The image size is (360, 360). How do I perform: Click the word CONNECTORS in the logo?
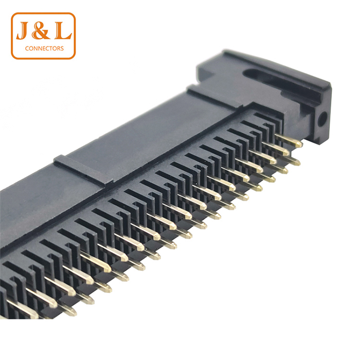[44, 48]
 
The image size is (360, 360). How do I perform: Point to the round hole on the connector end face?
[322, 119]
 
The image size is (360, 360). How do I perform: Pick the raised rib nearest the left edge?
[82, 169]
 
